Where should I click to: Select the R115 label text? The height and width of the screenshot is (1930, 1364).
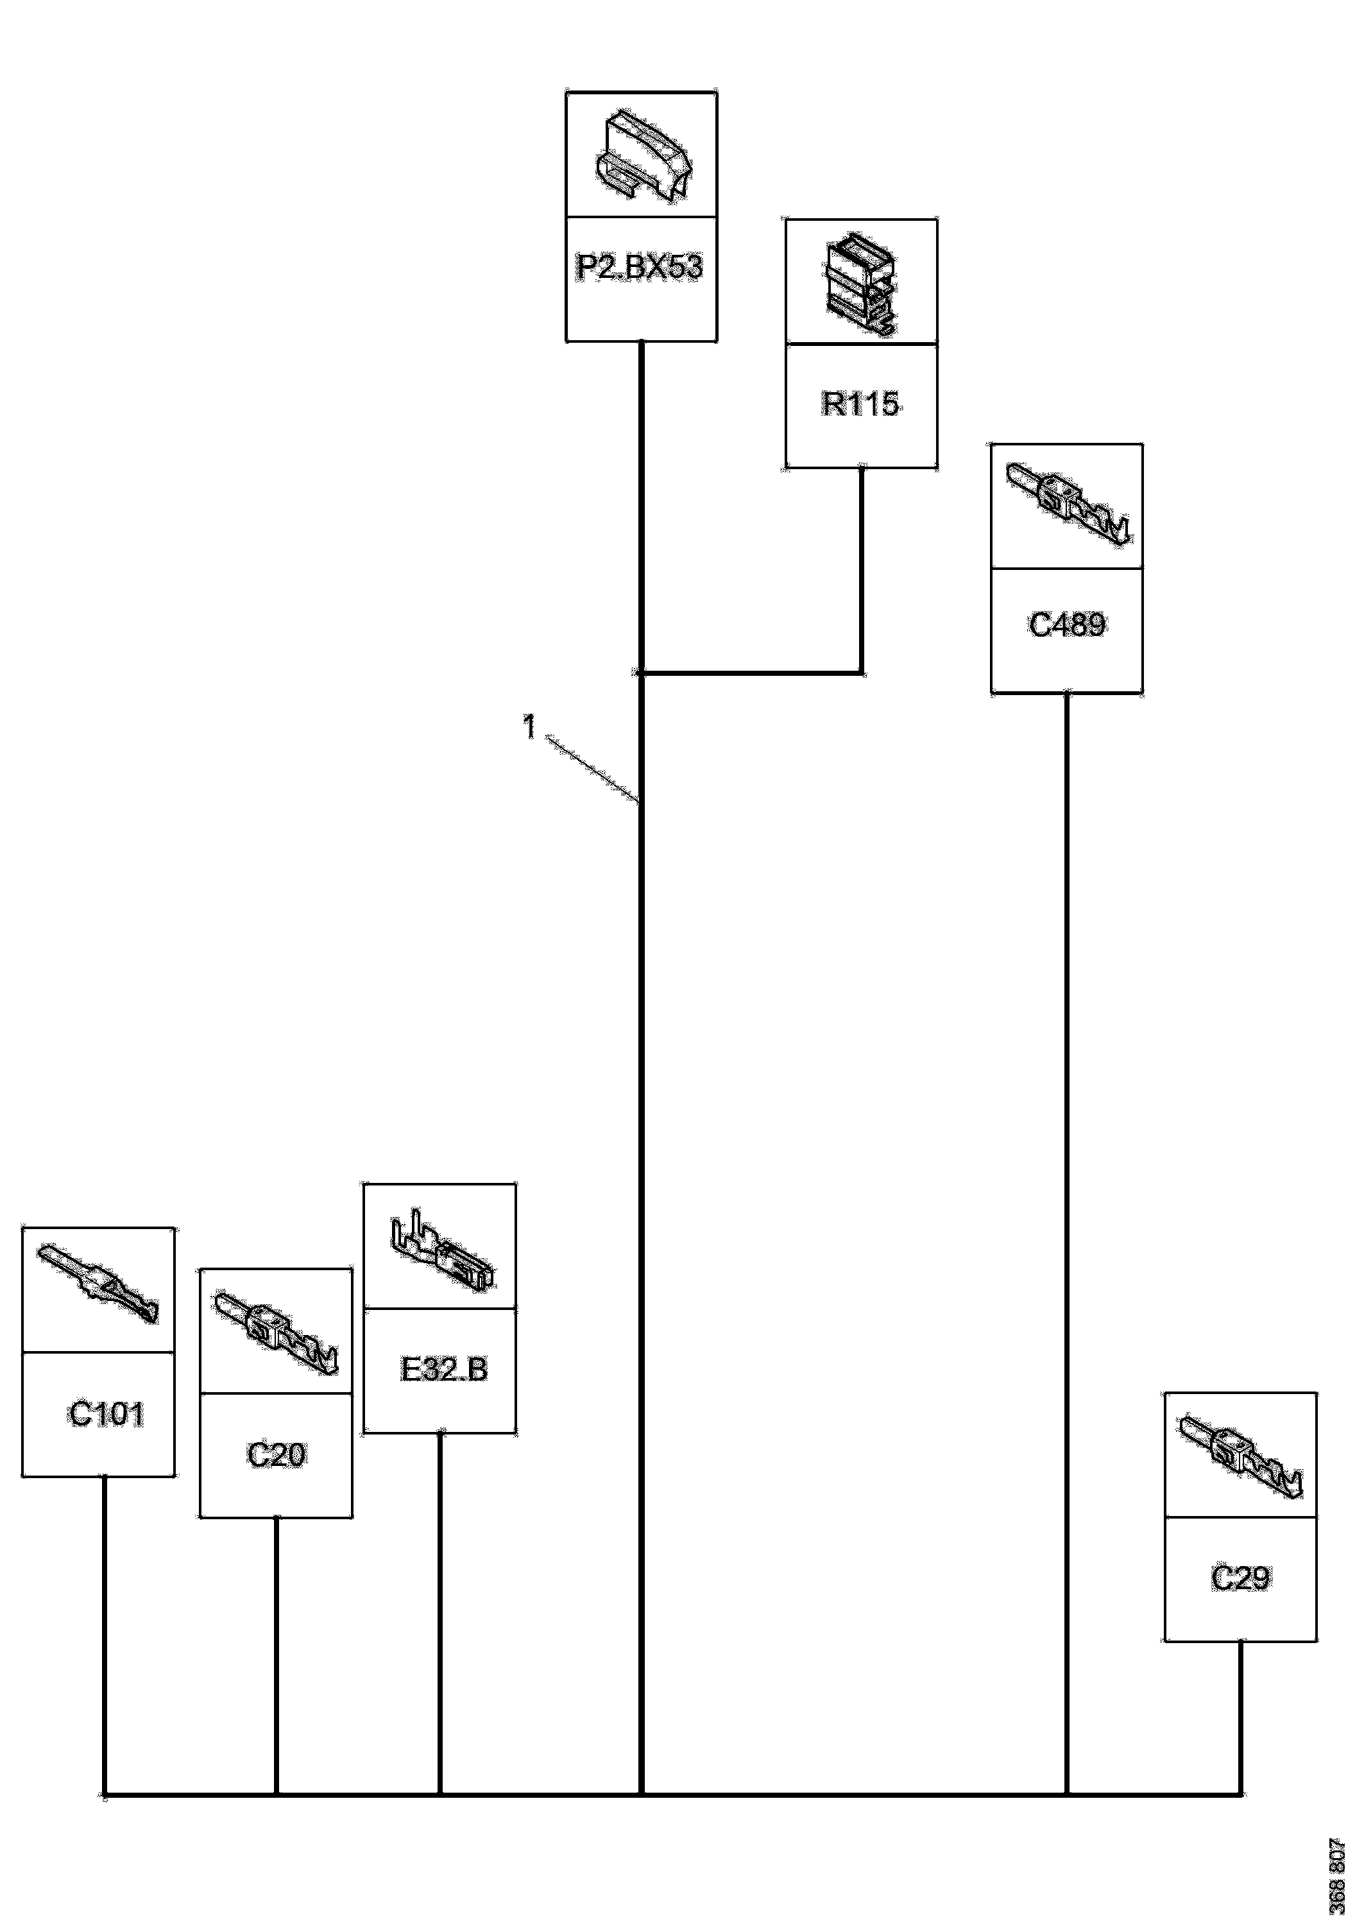pyautogui.click(x=860, y=404)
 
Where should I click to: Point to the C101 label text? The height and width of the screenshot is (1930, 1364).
pyautogui.click(x=106, y=1415)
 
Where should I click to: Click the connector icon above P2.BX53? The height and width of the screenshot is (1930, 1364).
pyautogui.click(x=643, y=157)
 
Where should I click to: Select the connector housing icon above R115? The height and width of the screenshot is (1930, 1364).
pyautogui.click(x=860, y=284)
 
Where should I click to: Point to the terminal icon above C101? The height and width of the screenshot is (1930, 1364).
pyautogui.click(x=98, y=1284)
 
